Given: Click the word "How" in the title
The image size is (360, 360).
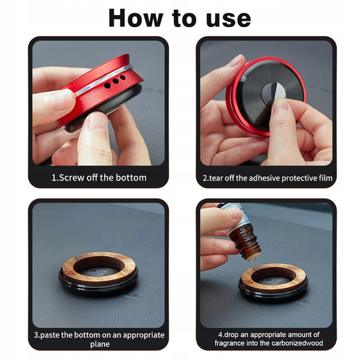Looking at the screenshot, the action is (136, 18).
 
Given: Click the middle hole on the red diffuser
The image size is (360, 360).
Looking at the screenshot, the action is (115, 81).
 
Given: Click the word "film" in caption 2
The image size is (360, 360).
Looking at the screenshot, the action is (325, 178).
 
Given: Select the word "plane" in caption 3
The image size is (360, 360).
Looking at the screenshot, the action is (100, 344).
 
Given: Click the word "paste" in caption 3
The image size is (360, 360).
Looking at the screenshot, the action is (50, 335).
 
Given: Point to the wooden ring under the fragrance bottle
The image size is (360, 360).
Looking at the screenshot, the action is (245, 280).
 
